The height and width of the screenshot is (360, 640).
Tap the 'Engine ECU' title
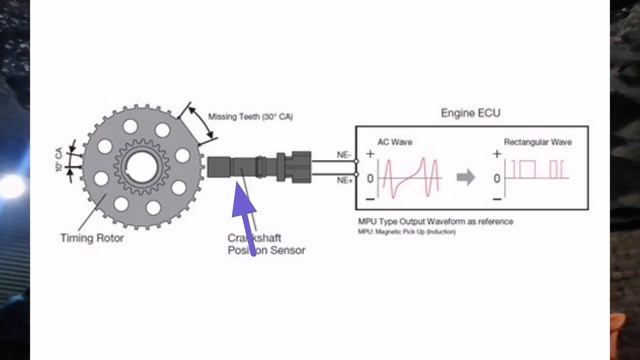coord(471,113)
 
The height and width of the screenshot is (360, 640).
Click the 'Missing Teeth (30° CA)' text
coord(250,116)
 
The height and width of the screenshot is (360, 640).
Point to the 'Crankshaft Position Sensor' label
coord(266,244)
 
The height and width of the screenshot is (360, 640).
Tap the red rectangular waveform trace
coord(540,168)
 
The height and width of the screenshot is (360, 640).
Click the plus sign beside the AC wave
coord(371,154)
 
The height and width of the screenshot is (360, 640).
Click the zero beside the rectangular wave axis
coord(497,178)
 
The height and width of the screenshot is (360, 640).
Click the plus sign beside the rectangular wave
coord(497,154)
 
